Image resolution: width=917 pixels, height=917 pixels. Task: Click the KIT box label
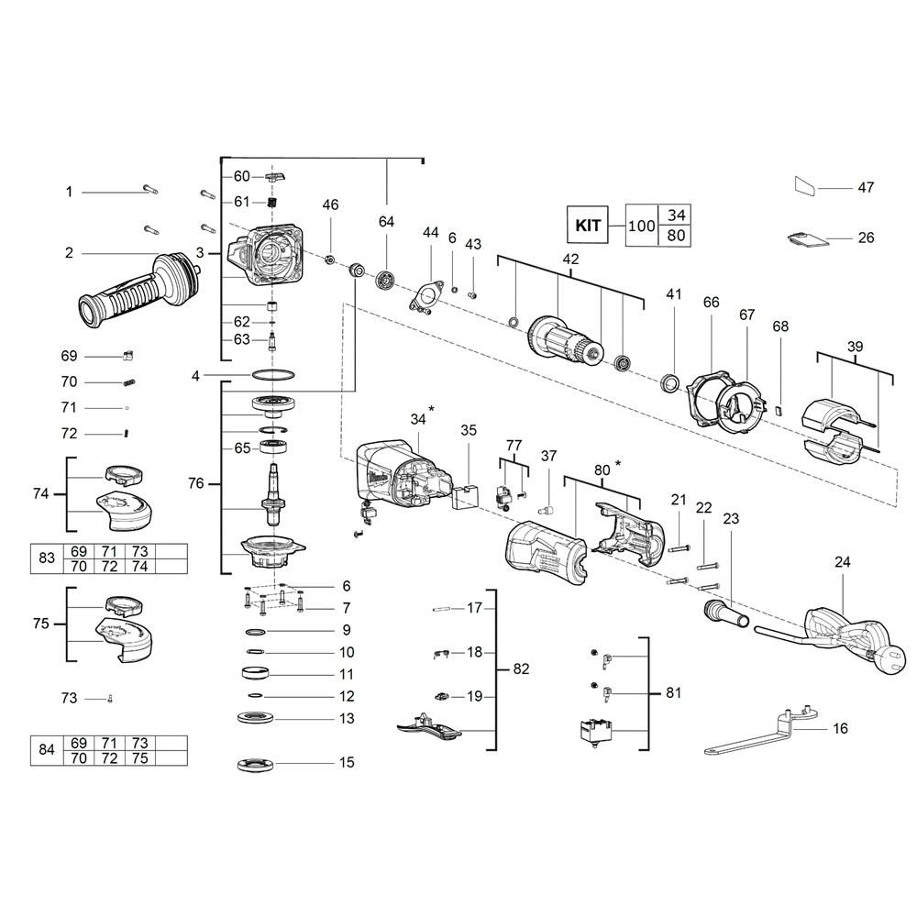587,225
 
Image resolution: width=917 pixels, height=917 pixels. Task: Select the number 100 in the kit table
642,226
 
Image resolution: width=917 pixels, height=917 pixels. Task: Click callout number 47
866,188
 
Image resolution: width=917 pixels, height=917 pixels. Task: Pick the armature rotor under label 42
564,343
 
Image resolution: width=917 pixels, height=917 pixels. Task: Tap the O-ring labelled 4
273,374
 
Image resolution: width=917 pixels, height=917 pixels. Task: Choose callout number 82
521,669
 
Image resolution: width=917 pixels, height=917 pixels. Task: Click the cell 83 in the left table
47,558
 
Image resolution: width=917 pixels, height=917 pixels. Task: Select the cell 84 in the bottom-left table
47,750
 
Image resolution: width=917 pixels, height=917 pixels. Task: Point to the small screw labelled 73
110,698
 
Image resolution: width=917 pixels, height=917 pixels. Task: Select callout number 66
712,303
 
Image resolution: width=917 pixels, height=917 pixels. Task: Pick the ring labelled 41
670,384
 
